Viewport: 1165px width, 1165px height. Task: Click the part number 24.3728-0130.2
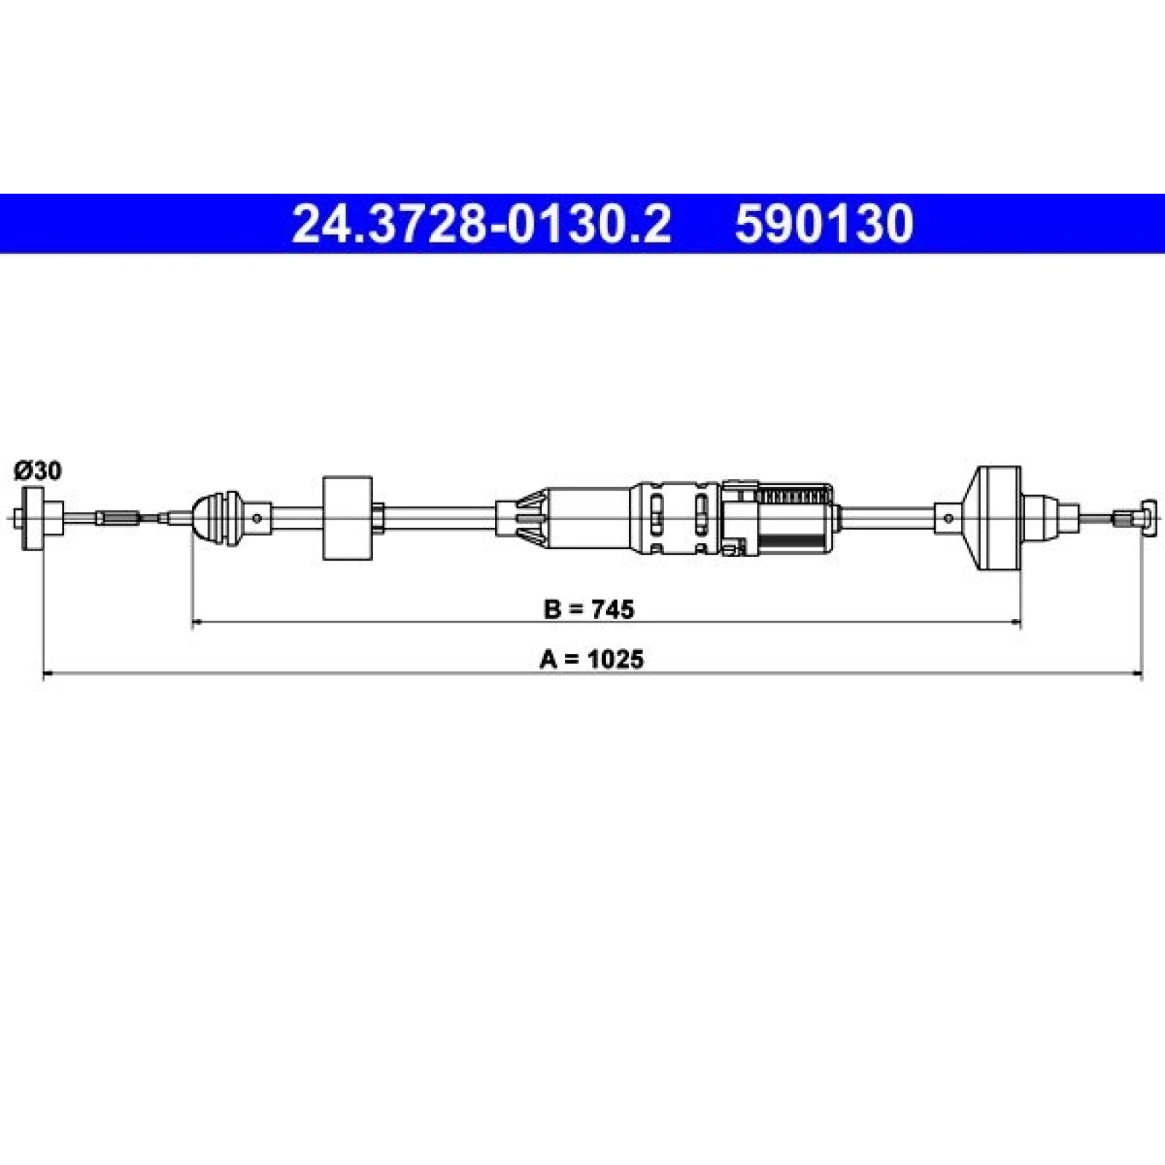tap(481, 224)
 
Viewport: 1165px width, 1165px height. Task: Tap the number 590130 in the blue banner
tap(824, 224)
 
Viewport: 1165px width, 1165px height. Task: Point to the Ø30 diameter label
tap(38, 472)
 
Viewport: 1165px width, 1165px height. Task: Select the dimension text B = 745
tap(589, 608)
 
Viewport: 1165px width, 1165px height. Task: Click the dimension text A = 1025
tap(592, 659)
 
